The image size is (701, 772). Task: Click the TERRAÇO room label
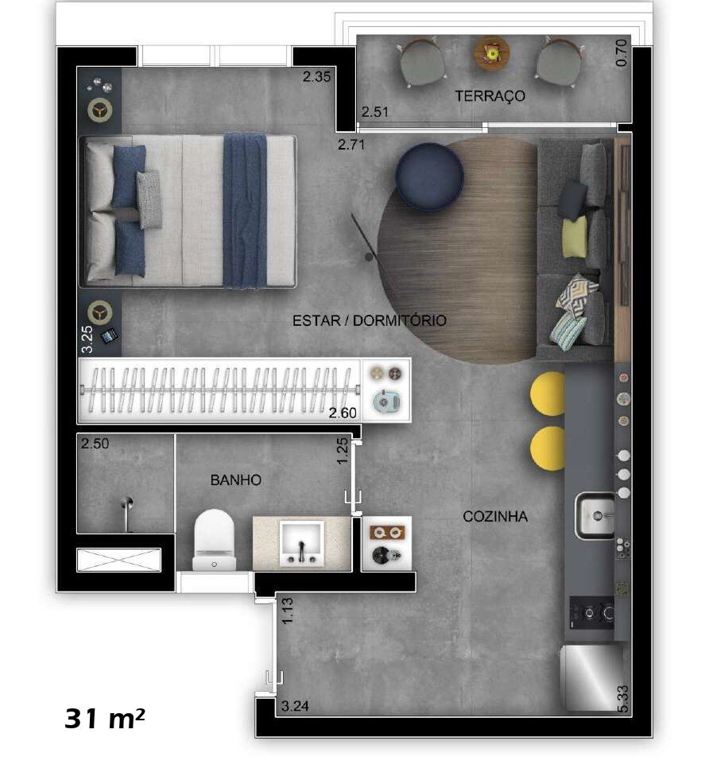490,96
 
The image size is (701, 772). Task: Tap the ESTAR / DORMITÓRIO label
370,321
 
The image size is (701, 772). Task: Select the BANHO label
236,480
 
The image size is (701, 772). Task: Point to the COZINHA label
495,517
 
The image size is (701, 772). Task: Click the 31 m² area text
105,719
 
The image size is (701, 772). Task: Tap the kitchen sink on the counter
595,516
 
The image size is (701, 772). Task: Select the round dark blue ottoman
429,177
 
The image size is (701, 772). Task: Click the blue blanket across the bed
245,210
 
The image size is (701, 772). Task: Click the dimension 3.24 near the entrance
295,705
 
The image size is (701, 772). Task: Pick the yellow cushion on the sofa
574,237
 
